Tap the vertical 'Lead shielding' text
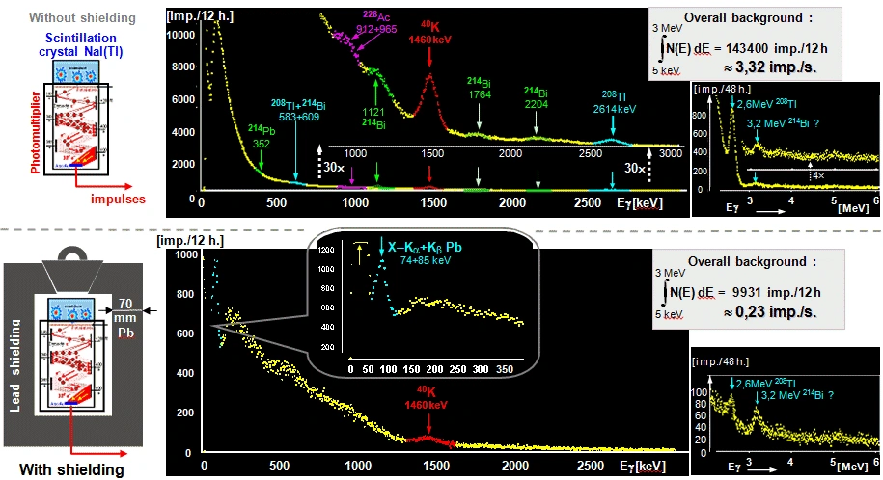tap(16, 366)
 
